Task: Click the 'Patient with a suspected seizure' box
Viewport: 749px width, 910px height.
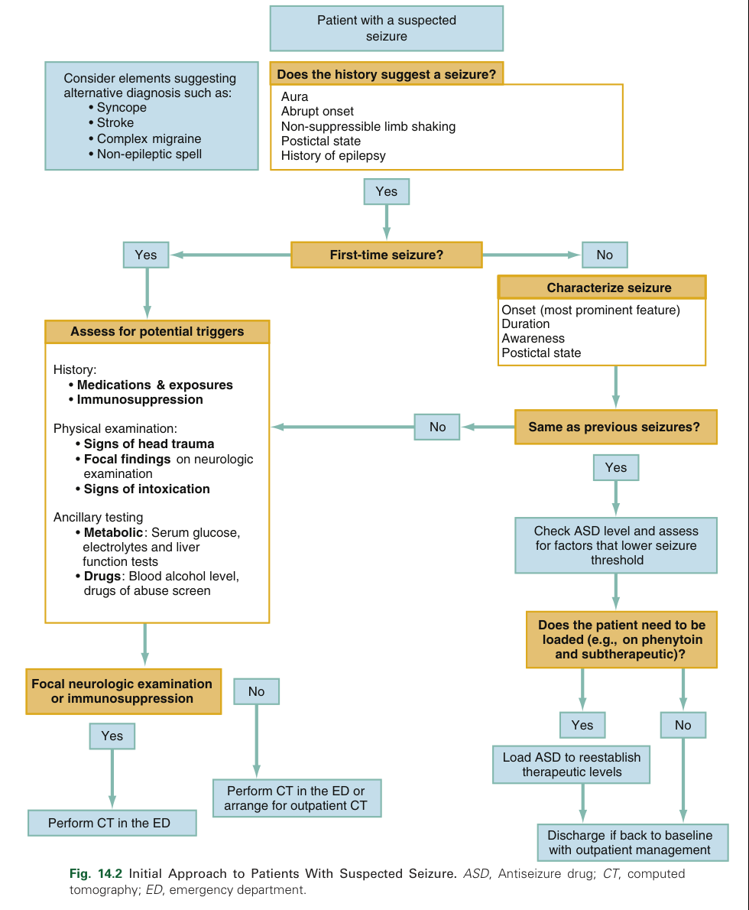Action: [x=386, y=28]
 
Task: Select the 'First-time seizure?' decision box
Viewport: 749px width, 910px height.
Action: [x=386, y=255]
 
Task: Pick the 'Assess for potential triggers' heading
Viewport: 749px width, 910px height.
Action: [x=157, y=331]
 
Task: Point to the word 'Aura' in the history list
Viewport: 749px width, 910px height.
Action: [x=294, y=96]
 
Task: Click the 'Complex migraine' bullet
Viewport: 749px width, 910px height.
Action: [x=149, y=138]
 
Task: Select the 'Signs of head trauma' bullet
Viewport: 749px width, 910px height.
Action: [x=149, y=444]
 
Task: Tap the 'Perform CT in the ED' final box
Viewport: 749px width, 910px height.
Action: [x=112, y=823]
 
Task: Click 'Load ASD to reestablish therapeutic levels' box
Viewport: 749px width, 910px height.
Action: [x=572, y=764]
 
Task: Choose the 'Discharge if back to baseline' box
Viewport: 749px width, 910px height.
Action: [x=629, y=842]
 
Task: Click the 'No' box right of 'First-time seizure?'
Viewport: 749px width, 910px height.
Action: [x=604, y=255]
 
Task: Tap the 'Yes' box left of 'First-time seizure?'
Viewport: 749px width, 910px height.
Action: [x=145, y=255]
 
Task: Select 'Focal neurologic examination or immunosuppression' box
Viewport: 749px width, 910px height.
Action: [x=122, y=691]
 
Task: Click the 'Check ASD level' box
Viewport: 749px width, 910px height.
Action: [x=615, y=544]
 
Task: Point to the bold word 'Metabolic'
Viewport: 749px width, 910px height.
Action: [x=113, y=532]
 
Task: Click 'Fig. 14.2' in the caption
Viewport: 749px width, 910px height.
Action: [x=96, y=873]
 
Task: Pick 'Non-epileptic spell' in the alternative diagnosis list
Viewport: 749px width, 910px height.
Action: [x=149, y=154]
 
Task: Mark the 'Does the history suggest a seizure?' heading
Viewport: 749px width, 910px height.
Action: [x=386, y=74]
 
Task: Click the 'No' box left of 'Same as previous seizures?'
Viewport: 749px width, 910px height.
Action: [x=437, y=427]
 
